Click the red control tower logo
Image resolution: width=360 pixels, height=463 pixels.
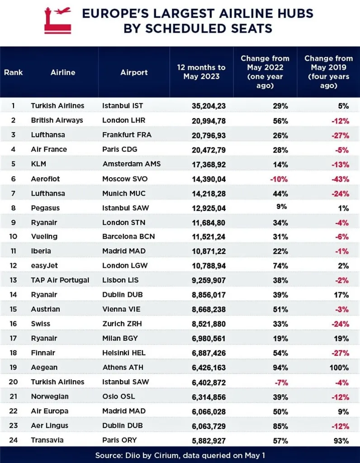(x=57, y=20)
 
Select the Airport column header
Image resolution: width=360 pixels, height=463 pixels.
(x=134, y=72)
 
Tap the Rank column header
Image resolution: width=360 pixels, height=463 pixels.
(x=13, y=72)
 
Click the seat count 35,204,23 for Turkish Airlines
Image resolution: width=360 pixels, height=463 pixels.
(x=209, y=106)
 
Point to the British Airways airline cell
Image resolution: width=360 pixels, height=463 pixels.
(x=57, y=120)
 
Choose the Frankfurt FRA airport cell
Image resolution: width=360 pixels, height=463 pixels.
(x=127, y=135)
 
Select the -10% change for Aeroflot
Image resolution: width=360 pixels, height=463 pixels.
(x=279, y=179)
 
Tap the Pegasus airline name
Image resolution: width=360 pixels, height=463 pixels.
(x=45, y=208)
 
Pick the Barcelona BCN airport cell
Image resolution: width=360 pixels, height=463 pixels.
(x=128, y=236)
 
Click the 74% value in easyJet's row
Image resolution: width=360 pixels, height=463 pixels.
(x=280, y=266)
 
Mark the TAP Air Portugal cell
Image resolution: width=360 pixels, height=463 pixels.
(x=60, y=280)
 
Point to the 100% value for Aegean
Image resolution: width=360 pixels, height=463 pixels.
(x=339, y=368)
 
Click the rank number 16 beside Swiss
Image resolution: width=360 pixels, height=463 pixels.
(x=13, y=324)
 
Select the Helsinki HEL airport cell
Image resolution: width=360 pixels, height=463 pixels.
(x=124, y=353)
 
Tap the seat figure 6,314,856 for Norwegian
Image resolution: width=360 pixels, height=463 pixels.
(x=209, y=397)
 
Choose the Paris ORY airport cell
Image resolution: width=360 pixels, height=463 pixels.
(x=119, y=440)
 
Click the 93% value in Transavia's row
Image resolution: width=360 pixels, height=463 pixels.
(x=341, y=441)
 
